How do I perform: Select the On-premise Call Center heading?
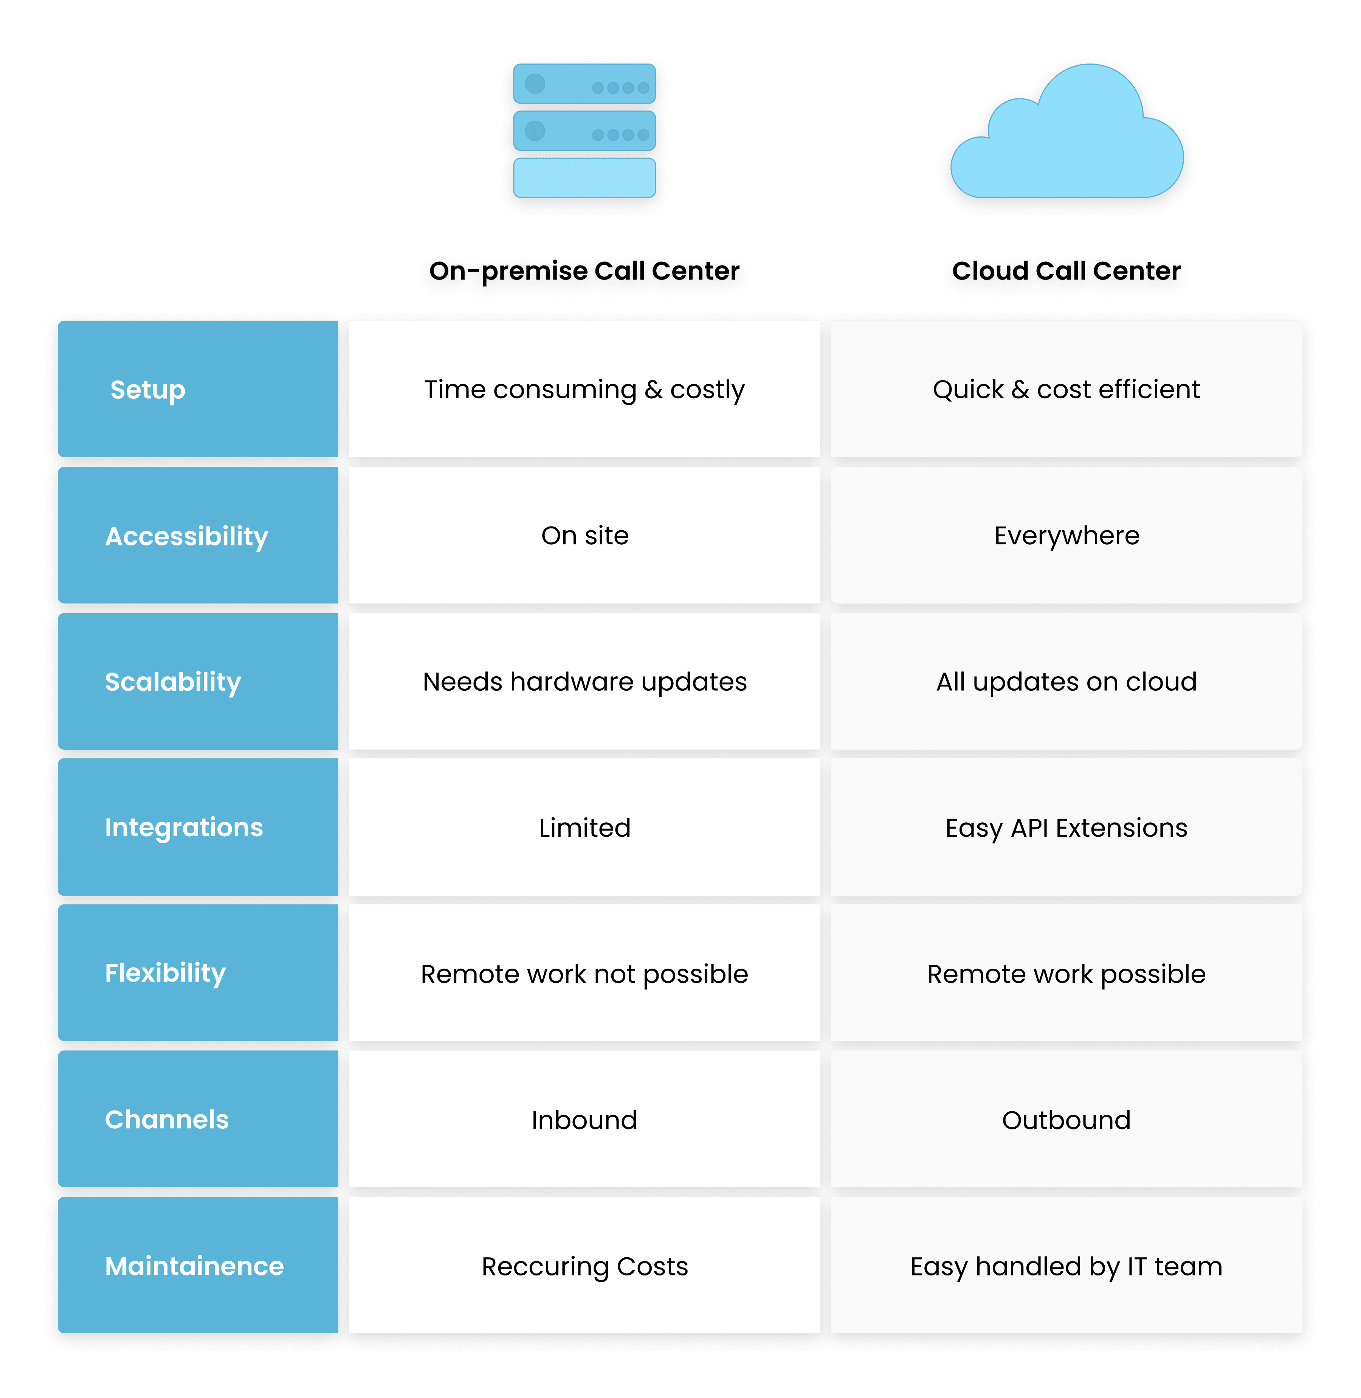click(x=584, y=271)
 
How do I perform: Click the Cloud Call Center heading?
click(x=1066, y=271)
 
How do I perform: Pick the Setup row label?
click(x=148, y=390)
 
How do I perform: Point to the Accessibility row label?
click(x=186, y=536)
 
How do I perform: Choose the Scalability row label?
click(x=173, y=682)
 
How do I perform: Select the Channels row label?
click(x=167, y=1120)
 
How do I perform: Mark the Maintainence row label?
click(x=194, y=1266)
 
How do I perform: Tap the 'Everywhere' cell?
click(x=1066, y=536)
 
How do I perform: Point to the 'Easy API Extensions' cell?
click(x=1066, y=827)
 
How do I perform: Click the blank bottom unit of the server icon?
click(x=584, y=177)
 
